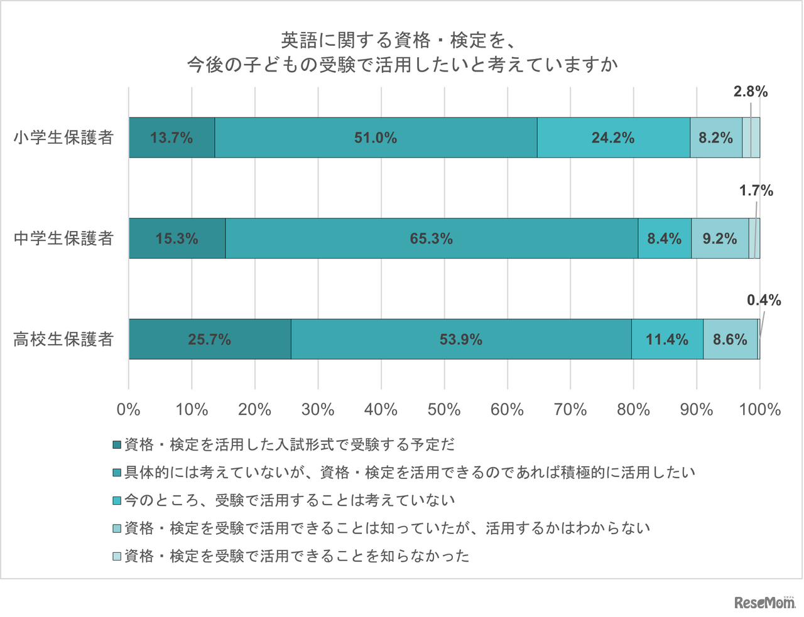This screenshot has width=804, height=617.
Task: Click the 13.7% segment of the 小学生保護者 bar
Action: [171, 137]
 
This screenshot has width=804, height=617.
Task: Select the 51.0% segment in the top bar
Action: [376, 137]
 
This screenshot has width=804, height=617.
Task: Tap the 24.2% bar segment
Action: [613, 137]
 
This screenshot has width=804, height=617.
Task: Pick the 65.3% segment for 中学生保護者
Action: [431, 239]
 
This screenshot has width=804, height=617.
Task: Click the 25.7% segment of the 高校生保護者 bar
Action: [209, 340]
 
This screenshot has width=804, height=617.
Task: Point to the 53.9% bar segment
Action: [461, 340]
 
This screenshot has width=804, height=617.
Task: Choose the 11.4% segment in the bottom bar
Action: [667, 340]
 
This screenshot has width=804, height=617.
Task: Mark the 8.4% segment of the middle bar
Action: [665, 239]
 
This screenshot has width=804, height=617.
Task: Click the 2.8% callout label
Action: [751, 92]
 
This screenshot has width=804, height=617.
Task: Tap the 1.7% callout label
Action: [756, 191]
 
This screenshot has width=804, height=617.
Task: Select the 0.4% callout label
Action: [764, 301]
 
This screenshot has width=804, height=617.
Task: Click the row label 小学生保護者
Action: [63, 137]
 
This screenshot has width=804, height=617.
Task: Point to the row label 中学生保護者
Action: [63, 239]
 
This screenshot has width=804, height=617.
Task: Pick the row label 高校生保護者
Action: [63, 340]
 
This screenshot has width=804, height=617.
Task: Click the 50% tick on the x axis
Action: [444, 410]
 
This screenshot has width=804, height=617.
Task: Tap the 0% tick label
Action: [128, 410]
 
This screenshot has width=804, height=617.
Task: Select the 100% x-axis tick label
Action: [760, 410]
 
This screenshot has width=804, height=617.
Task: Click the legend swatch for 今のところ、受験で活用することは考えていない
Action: [117, 500]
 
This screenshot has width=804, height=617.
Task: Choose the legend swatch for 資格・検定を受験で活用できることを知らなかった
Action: [117, 556]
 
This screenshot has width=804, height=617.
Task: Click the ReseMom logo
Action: [764, 603]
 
